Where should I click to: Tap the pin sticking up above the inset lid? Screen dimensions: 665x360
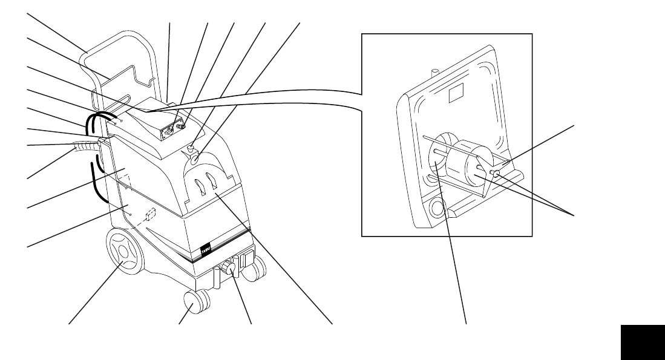pos(433,72)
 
